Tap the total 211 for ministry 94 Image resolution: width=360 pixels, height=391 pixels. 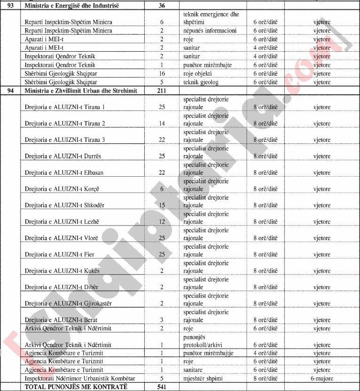click(x=162, y=90)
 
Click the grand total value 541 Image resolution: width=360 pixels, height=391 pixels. click(x=162, y=387)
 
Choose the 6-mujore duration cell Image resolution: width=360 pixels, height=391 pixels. click(x=322, y=378)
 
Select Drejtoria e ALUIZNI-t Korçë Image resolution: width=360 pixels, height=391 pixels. click(x=64, y=189)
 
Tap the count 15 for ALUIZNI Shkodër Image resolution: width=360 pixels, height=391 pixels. click(x=162, y=205)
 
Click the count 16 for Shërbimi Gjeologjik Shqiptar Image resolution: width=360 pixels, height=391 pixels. click(x=162, y=73)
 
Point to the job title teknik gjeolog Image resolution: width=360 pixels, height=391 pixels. click(x=201, y=82)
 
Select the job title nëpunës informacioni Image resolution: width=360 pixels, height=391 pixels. click(x=210, y=31)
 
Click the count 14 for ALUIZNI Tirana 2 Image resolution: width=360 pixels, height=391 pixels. click(x=162, y=124)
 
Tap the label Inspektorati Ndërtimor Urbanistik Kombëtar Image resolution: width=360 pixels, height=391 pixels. click(x=80, y=378)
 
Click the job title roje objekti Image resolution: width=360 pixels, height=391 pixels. click(x=198, y=73)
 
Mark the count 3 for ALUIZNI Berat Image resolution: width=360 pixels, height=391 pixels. click(x=162, y=320)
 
